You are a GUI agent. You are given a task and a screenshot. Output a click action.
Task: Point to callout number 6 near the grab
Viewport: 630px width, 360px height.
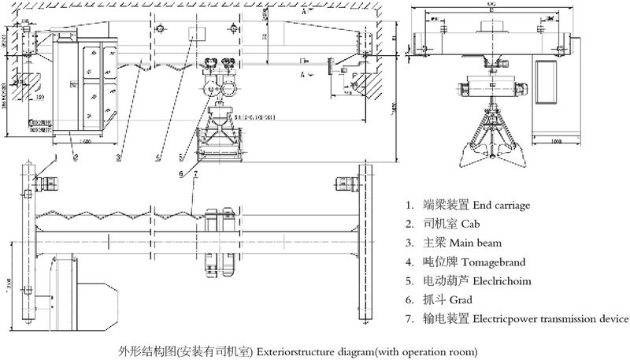point(180,173)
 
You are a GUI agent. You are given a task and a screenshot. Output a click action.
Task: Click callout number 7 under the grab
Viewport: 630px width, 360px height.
point(194,173)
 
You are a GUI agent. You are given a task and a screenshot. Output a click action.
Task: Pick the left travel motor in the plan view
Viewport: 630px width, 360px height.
point(46,185)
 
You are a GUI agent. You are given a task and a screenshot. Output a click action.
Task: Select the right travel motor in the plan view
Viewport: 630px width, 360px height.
point(344,184)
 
